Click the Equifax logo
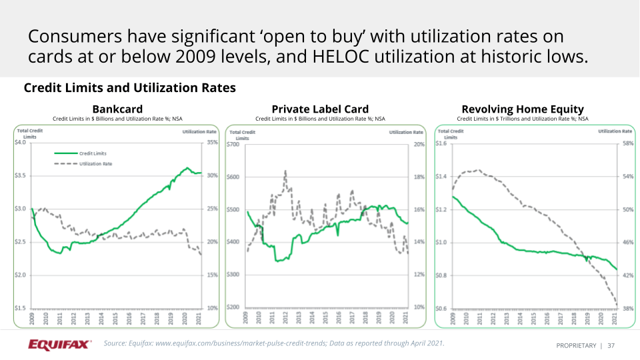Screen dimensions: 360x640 coord(60,345)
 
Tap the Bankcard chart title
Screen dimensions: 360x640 coord(117,109)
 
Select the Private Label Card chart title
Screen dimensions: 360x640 coord(320,109)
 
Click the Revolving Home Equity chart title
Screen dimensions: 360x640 coord(523,109)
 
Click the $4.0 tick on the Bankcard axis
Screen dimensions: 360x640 coord(21,143)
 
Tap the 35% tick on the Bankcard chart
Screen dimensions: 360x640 coord(211,143)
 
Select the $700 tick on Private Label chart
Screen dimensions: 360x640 coord(233,144)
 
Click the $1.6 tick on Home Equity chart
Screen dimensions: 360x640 coord(441,143)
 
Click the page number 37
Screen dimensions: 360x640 coord(611,346)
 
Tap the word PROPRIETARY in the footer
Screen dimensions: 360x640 coord(576,346)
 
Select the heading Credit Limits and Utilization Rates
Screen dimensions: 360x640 coord(129,88)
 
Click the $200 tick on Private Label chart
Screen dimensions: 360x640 coord(233,307)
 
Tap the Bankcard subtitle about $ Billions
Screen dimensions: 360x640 coord(117,119)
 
